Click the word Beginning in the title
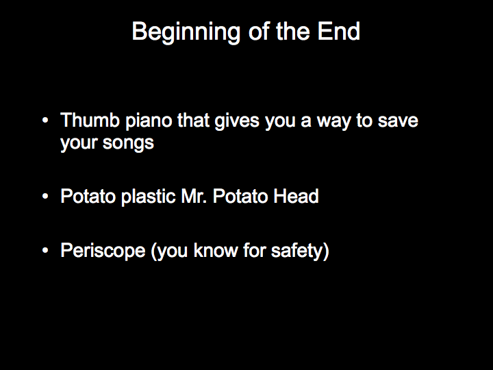[x=186, y=32]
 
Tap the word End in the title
[x=338, y=31]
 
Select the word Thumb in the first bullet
[x=90, y=120]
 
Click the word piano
[x=149, y=121]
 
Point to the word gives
[x=237, y=121]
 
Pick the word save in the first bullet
[x=398, y=121]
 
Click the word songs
[x=128, y=143]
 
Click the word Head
[x=296, y=196]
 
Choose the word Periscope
[x=103, y=251]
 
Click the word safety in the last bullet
[x=297, y=251]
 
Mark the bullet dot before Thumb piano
[x=45, y=120]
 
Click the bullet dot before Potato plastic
[x=45, y=197]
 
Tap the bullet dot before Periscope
[x=45, y=251]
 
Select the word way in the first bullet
[x=333, y=122]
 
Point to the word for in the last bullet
[x=255, y=250]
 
